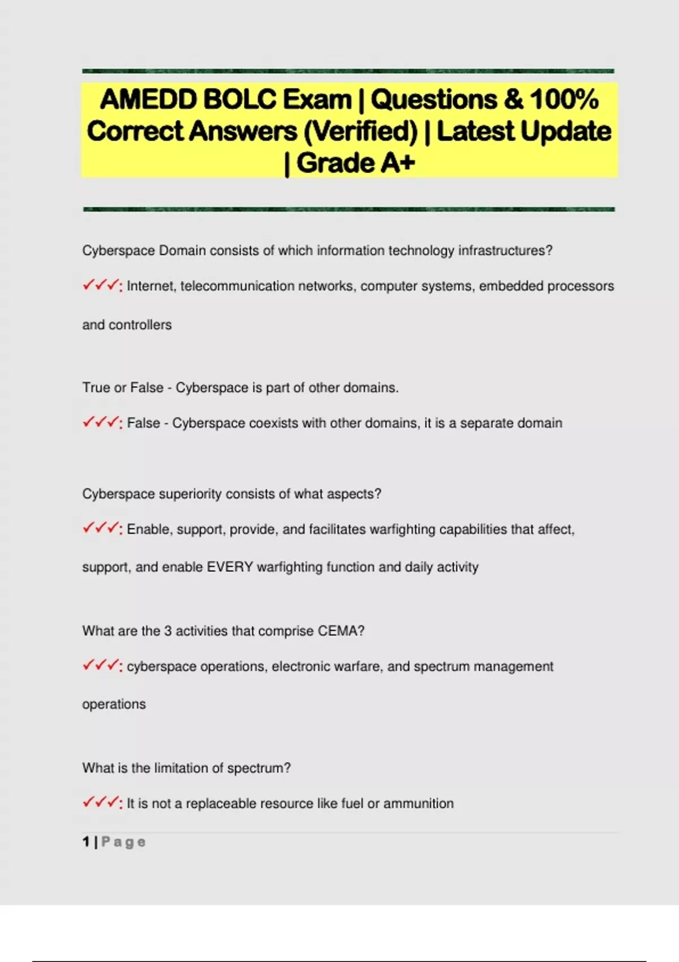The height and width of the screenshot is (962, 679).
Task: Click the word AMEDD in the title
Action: (148, 100)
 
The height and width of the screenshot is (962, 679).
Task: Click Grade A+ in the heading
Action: (355, 163)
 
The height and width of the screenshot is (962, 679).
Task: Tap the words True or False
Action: (123, 388)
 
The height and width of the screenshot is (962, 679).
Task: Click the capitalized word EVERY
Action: (230, 567)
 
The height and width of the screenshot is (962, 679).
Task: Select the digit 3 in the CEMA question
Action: (167, 631)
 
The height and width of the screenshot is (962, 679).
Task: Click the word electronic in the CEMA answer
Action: (300, 667)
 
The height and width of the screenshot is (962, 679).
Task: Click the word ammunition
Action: (418, 804)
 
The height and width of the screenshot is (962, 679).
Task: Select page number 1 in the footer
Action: (86, 842)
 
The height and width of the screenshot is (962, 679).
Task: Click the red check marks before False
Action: (102, 423)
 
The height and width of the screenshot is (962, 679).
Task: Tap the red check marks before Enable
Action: (102, 529)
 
